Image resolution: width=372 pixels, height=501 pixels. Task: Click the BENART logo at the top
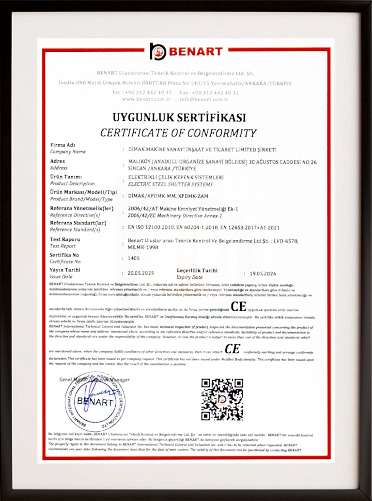tap(186, 51)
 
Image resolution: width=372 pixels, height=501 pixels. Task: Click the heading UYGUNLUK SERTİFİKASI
tap(179, 118)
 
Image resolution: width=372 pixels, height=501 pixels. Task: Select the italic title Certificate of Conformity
tap(178, 133)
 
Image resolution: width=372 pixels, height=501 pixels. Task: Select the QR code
tap(222, 399)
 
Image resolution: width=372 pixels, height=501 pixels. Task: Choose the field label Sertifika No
tap(64, 255)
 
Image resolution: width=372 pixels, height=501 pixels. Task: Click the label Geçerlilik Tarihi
tap(197, 271)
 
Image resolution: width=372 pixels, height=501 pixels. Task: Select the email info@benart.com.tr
tap(203, 99)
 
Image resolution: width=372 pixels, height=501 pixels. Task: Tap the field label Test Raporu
tap(65, 239)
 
